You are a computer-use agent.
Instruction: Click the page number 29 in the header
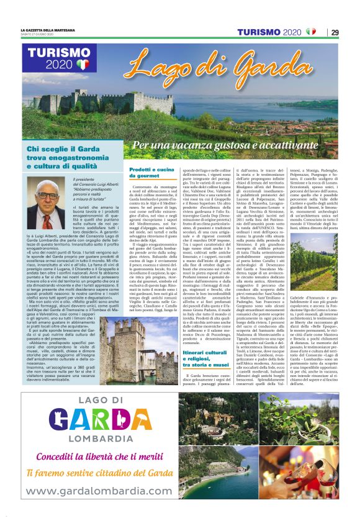pos(335,32)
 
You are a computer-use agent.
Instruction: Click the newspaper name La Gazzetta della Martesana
pos(48,29)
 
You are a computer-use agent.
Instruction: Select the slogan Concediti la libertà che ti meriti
pos(99,457)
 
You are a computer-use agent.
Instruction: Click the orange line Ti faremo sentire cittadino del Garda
pos(99,473)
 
